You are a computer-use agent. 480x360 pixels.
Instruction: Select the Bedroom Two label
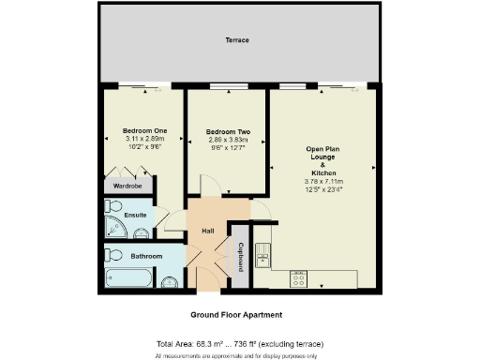[226, 130]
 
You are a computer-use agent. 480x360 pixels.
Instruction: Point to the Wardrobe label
[127, 186]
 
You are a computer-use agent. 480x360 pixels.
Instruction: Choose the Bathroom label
[146, 256]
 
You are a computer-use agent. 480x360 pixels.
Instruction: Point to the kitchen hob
[299, 277]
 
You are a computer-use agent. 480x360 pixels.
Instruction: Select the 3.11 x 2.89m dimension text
[143, 139]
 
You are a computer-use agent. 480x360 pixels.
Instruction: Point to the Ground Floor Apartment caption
[236, 315]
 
